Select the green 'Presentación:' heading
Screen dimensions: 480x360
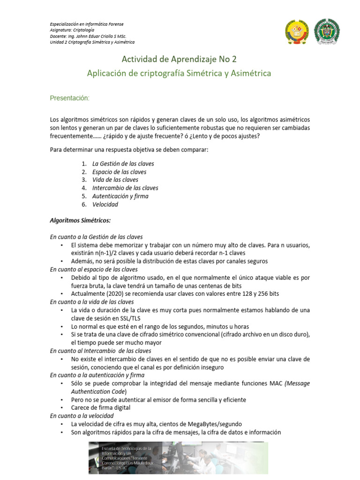click(x=69, y=98)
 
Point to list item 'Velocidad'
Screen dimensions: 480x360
click(x=105, y=204)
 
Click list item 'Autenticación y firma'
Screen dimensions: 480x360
click(x=120, y=196)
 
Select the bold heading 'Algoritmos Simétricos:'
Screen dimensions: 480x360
click(x=80, y=220)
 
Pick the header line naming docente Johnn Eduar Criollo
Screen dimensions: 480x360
click(x=88, y=36)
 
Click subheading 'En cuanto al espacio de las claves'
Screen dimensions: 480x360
click(x=94, y=270)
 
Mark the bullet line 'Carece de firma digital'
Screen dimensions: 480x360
click(x=101, y=408)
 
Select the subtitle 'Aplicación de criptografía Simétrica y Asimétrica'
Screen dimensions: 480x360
click(x=179, y=74)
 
